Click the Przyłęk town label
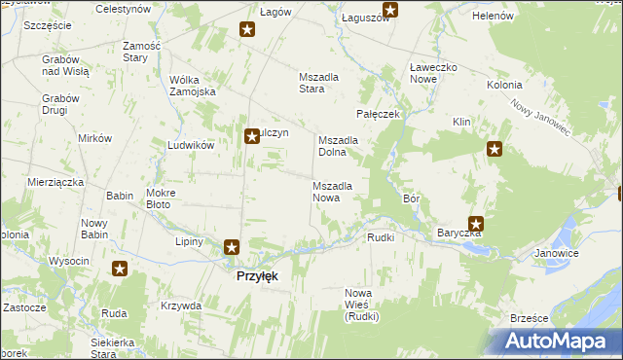click(257, 276)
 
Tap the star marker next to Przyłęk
click(232, 248)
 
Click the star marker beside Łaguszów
click(390, 12)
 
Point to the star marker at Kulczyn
click(252, 136)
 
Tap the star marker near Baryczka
click(476, 223)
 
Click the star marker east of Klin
click(495, 149)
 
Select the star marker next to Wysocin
click(120, 269)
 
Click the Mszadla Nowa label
click(339, 191)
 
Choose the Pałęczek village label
click(379, 114)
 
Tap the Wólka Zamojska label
click(192, 86)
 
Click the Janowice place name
click(557, 253)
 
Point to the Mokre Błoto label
click(159, 198)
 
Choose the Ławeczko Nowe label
click(432, 73)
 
